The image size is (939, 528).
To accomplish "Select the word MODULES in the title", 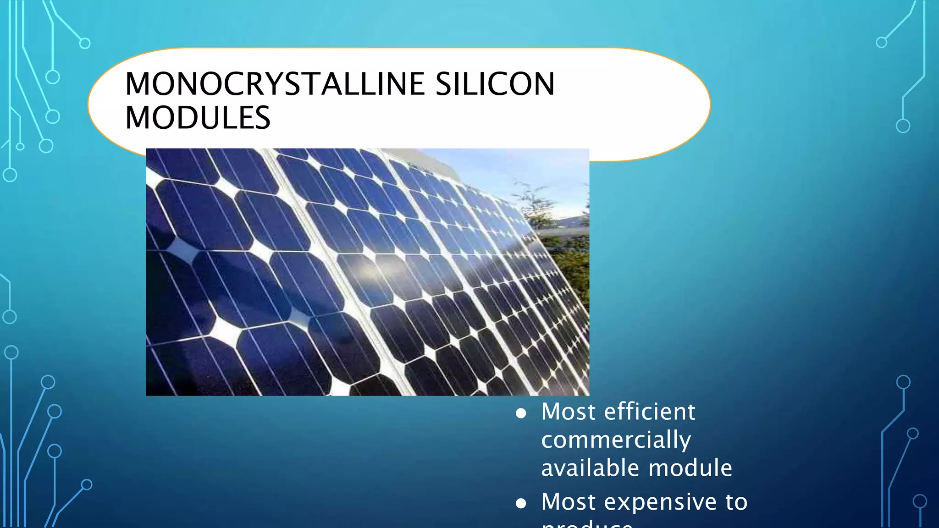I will point(198,118).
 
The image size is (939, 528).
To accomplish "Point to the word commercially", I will point(616,440).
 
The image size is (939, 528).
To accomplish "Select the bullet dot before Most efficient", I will point(520,413).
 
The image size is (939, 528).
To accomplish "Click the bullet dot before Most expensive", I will point(520,504).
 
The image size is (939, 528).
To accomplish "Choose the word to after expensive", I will point(736,501).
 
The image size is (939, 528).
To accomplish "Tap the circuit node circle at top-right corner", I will point(881,43).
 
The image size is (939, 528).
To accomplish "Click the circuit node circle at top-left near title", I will point(85,44).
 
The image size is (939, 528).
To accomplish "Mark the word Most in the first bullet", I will point(568,411).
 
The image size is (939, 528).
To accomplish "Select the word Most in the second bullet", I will point(568,501).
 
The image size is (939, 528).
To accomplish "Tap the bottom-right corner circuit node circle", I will point(920,501).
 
